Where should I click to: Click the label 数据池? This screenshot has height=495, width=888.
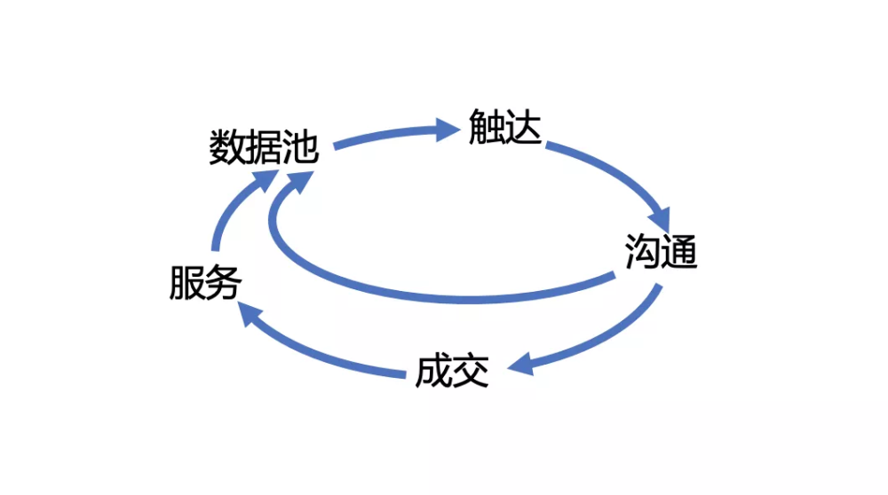(264, 147)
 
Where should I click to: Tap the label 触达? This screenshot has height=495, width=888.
(505, 127)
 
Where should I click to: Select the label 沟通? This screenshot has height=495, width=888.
(661, 251)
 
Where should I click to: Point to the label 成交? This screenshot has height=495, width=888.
(452, 372)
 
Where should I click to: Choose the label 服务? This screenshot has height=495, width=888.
(206, 282)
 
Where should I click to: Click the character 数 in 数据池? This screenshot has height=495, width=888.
(227, 147)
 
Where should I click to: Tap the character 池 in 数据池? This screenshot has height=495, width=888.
(301, 147)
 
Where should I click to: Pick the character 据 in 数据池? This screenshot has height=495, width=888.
(264, 147)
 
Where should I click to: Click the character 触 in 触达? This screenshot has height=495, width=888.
(487, 127)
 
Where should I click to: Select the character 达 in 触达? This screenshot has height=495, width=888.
(524, 127)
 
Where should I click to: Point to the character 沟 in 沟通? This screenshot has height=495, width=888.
(643, 251)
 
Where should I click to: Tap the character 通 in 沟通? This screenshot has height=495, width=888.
(679, 251)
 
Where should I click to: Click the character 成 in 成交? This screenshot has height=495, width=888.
(434, 372)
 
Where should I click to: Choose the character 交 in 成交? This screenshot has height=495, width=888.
(471, 372)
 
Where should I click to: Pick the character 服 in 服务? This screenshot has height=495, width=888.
(187, 282)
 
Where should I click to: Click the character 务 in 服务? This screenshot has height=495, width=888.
(225, 282)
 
